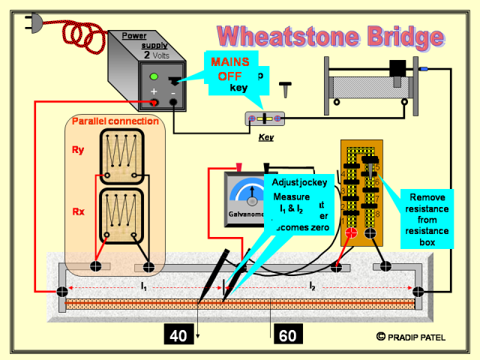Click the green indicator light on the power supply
154,76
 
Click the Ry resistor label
78,150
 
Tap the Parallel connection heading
115,121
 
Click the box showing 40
178,335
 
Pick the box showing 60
287,335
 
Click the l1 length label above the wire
142,286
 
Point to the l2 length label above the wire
311,286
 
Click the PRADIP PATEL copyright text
417,337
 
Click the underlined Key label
265,137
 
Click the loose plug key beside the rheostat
286,90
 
